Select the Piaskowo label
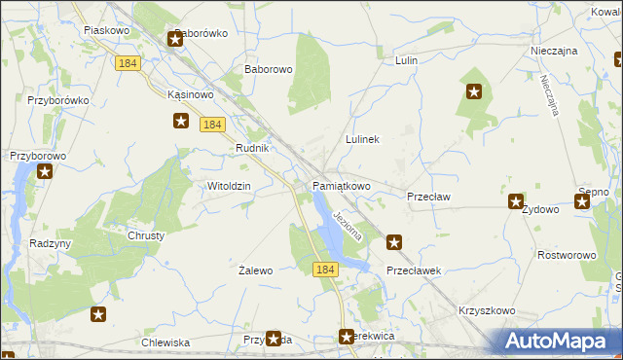[x=107, y=30]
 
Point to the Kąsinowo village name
[x=190, y=95]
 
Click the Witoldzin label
[x=230, y=186]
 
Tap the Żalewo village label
[x=256, y=270]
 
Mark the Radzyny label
[x=51, y=243]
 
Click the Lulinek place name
[x=362, y=140]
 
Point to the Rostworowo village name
[x=567, y=255]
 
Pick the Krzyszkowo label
[x=485, y=311]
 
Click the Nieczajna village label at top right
[x=555, y=50]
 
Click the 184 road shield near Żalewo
[x=325, y=269]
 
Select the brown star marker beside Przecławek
[x=394, y=242]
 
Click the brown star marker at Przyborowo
[x=45, y=172]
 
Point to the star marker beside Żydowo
[x=516, y=202]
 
